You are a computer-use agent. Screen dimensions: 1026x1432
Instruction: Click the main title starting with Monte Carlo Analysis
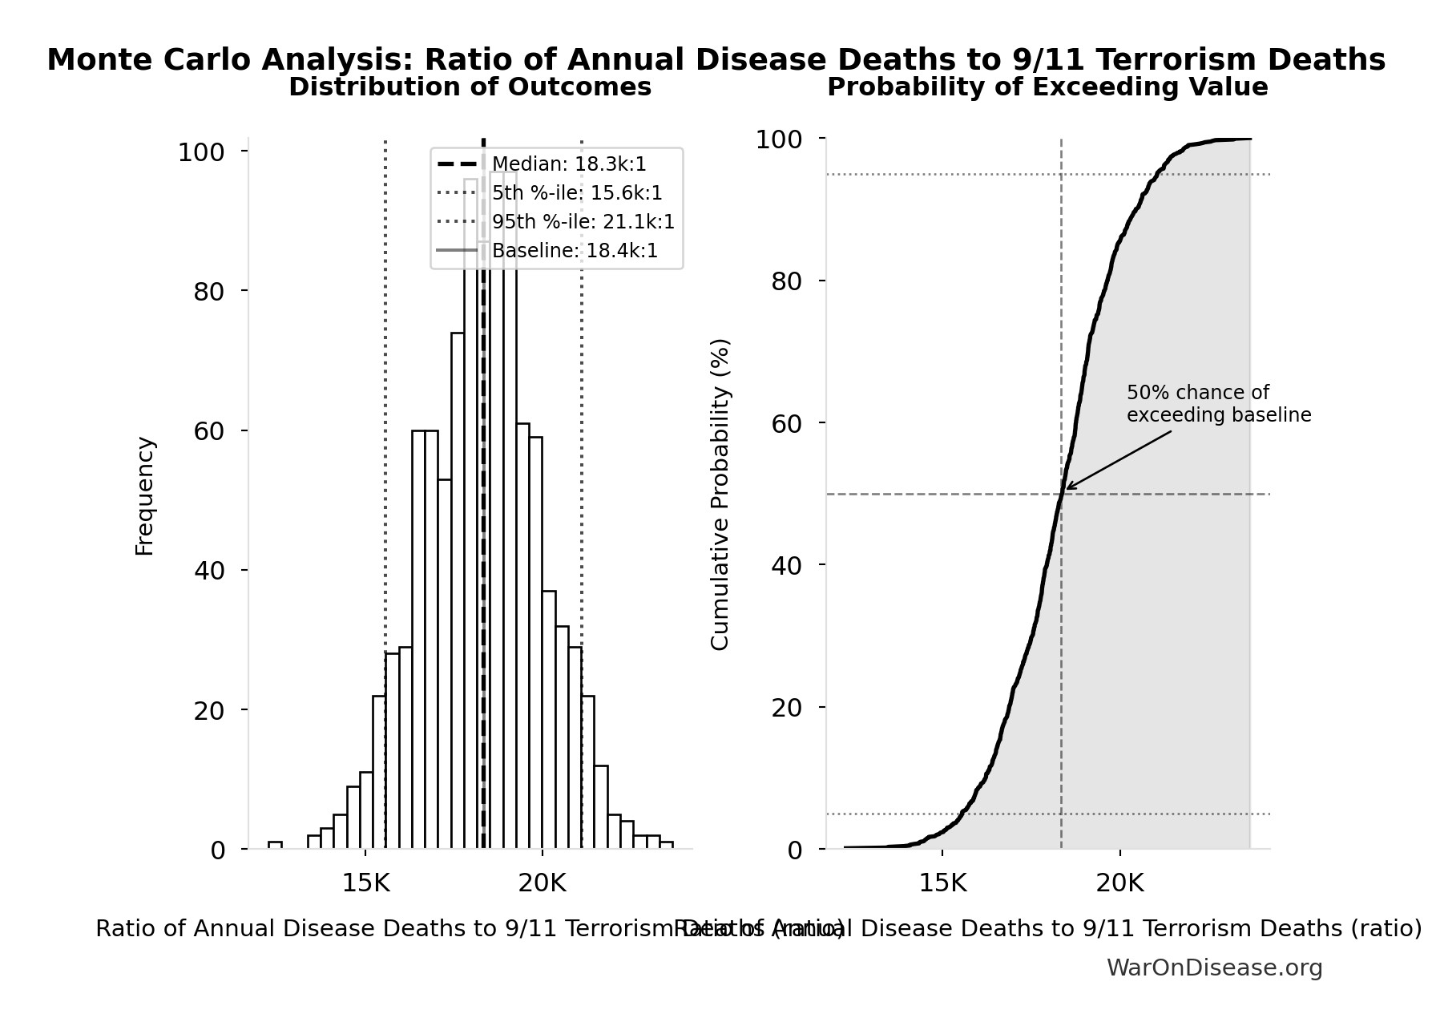pos(716,60)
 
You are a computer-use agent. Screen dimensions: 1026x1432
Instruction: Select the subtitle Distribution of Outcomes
pos(470,87)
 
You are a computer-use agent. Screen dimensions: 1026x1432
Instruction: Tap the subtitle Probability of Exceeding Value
pos(1047,87)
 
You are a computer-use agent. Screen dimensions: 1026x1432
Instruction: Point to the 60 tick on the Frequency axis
pos(208,431)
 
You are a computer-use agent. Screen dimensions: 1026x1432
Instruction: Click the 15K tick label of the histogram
pos(365,883)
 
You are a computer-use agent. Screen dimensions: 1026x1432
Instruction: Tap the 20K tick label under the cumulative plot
pos(1119,883)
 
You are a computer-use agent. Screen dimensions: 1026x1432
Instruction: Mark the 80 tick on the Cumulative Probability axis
pos(786,281)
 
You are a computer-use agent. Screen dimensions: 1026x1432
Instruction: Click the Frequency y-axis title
pos(144,495)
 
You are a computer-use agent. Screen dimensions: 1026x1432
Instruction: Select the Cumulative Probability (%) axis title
pos(720,494)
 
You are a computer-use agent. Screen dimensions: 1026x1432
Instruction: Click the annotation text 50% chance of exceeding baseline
pos(1217,404)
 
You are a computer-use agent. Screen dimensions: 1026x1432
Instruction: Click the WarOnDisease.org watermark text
pos(1214,968)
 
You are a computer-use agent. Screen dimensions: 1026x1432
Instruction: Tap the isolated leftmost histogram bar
pos(275,845)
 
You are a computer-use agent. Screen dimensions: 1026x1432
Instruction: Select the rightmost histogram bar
pos(666,845)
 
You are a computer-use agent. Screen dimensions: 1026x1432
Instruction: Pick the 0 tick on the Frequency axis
pos(217,850)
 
